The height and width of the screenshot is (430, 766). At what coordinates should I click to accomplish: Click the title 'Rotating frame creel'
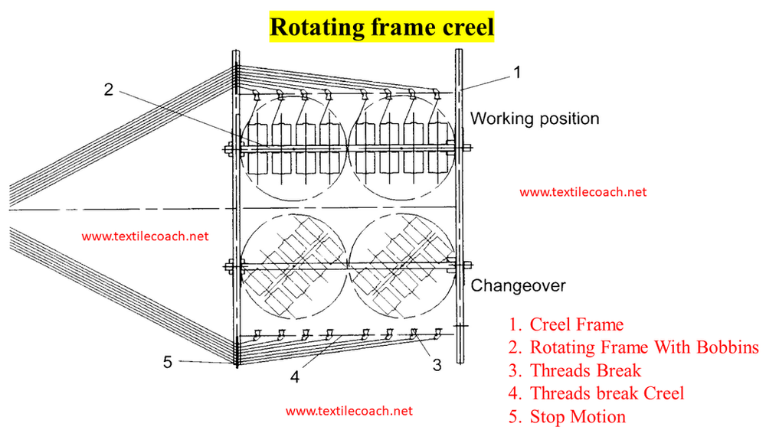[x=382, y=26]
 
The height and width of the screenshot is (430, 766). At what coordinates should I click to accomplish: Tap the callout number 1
[x=517, y=73]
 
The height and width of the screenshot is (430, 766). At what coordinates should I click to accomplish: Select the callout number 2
[x=109, y=90]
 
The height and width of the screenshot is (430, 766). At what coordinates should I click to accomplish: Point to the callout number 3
[x=437, y=365]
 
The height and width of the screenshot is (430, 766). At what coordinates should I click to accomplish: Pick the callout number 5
[x=168, y=362]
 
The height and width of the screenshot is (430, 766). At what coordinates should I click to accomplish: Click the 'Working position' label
[x=535, y=119]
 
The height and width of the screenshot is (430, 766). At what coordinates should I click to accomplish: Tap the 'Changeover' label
[x=518, y=286]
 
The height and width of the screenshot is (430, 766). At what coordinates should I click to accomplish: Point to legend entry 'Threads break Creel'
[x=606, y=393]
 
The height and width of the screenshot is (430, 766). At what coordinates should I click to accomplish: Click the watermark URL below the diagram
[x=349, y=411]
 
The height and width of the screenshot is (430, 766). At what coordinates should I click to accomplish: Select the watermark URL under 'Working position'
[x=583, y=192]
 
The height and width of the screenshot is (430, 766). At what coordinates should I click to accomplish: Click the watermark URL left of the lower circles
[x=145, y=236]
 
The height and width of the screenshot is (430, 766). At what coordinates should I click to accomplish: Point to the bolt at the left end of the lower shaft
[x=228, y=266]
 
